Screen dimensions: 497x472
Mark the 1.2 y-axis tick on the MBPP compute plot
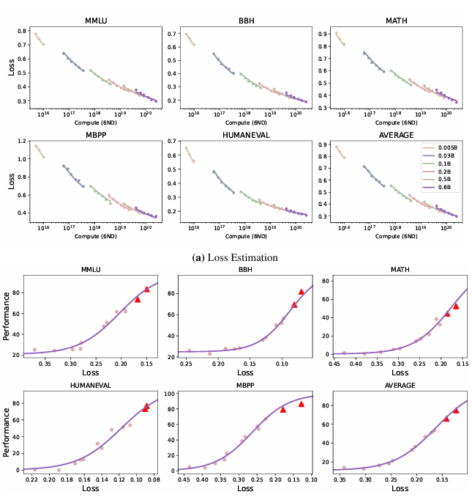[23, 141]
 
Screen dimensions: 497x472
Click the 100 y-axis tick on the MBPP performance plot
[168, 394]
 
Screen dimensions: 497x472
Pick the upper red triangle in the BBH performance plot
[301, 292]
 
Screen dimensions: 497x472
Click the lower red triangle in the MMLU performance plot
[138, 299]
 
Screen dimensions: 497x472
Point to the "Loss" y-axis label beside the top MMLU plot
[8, 67]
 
